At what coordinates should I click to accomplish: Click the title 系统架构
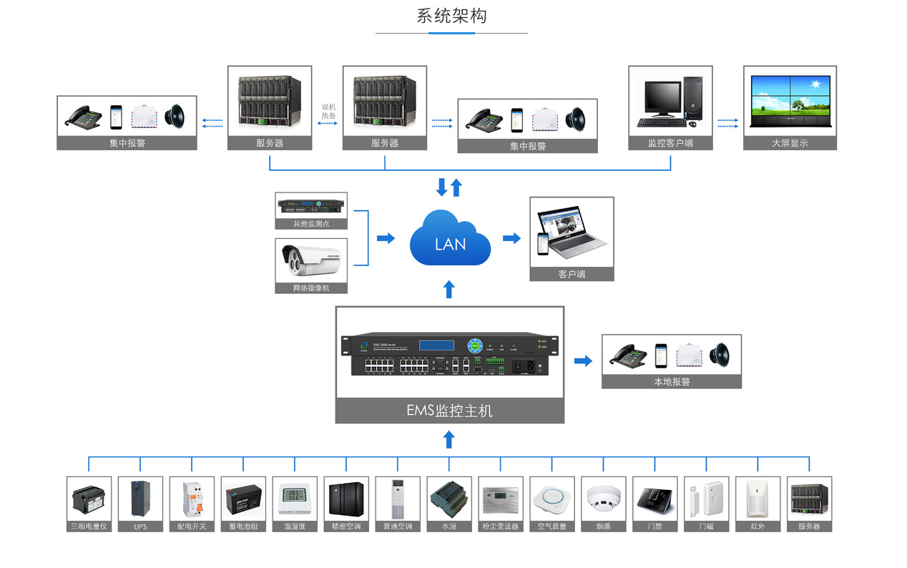(451, 16)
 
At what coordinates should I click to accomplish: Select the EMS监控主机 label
(449, 411)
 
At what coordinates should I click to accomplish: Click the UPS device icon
(140, 499)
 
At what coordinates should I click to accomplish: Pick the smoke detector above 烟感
(603, 499)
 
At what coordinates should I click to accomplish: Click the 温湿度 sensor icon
(295, 499)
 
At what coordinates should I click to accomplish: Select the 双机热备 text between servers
(328, 111)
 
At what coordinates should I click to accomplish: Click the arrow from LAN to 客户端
(511, 238)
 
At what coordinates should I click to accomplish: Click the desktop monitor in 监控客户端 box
(662, 98)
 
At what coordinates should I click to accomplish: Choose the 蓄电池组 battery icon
(243, 499)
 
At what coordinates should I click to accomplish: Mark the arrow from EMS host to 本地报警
(583, 361)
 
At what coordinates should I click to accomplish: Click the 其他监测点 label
(311, 223)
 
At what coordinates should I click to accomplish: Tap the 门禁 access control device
(654, 499)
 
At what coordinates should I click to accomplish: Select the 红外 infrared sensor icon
(758, 499)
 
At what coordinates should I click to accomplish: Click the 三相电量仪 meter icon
(89, 499)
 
